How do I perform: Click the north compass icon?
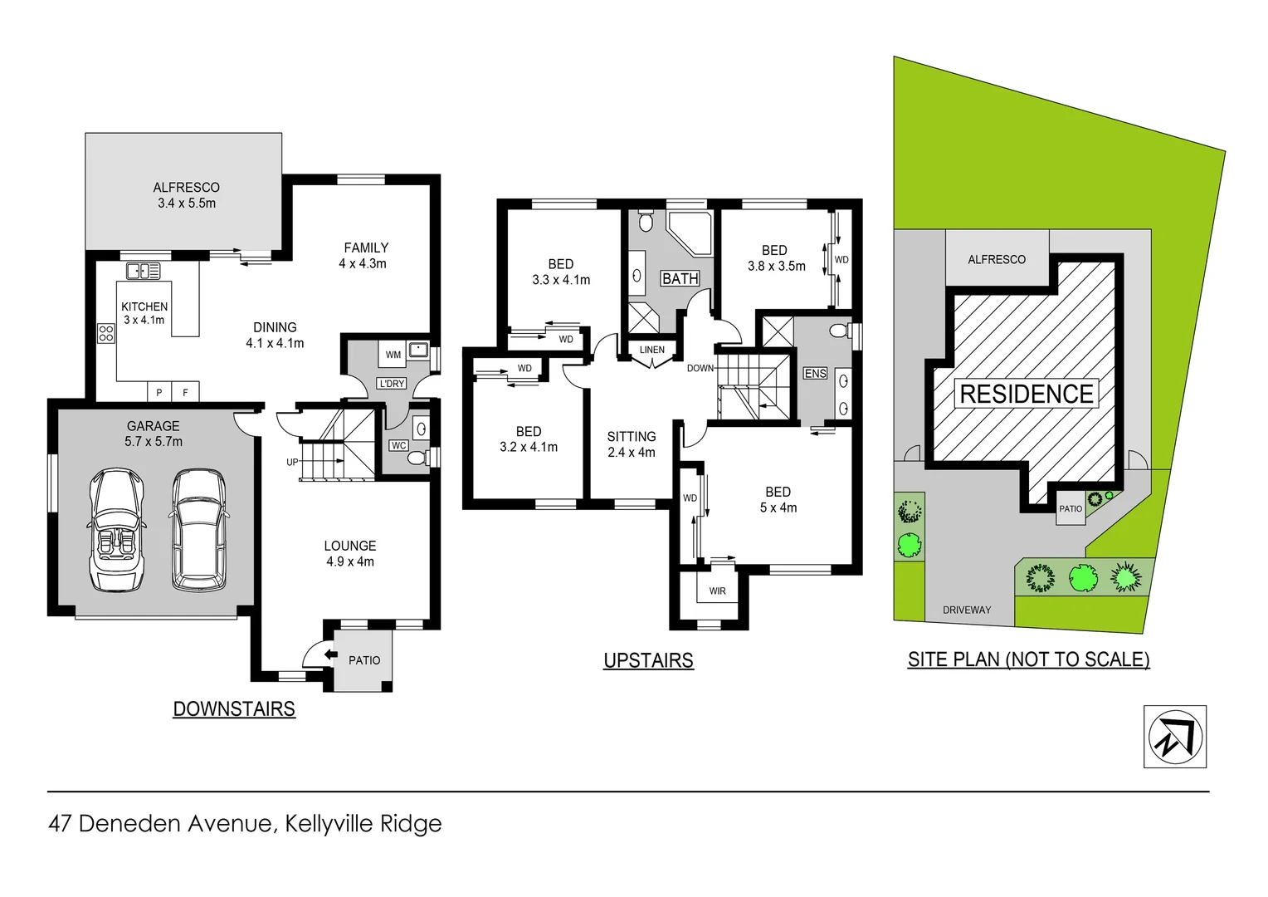[1174, 737]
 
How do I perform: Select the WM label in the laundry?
[393, 355]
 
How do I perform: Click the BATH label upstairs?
[680, 279]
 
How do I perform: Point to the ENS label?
[815, 374]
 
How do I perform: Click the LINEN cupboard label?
[652, 350]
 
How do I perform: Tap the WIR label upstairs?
[717, 591]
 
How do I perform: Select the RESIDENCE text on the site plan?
[1027, 394]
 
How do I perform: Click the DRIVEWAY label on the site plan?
[967, 610]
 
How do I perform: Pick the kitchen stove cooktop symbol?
[106, 333]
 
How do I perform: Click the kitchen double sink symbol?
[144, 270]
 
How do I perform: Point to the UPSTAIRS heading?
[648, 660]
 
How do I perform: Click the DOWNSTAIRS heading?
[234, 708]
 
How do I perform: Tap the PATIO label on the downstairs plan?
[364, 660]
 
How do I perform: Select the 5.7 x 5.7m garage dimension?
[154, 442]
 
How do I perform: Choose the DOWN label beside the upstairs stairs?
[700, 368]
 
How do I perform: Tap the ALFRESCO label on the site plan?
[997, 259]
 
